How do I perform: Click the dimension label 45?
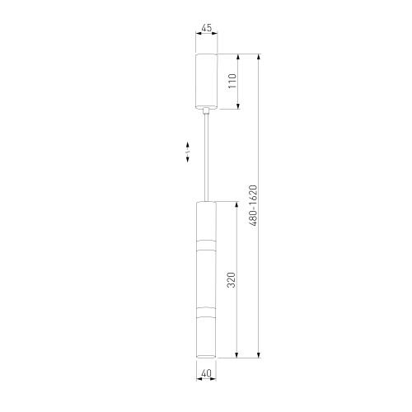pos(207,28)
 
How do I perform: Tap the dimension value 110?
pos(232,81)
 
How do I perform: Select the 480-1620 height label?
pos(253,206)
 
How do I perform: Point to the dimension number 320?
pos(232,280)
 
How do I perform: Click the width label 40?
pos(206,373)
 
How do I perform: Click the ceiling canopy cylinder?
pos(206,81)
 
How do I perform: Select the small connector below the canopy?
pos(206,111)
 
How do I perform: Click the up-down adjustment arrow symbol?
pos(188,152)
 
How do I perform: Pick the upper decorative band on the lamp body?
pos(206,246)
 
